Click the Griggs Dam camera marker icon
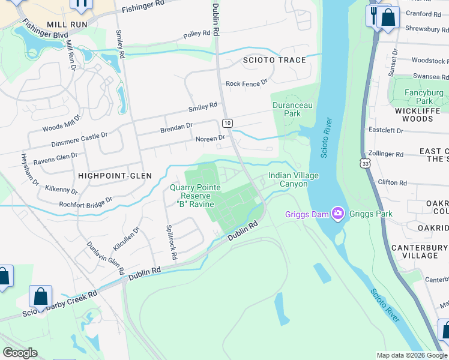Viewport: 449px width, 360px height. (337, 213)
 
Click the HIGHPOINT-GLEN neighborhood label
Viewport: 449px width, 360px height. (115, 175)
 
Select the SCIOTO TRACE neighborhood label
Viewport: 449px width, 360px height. (274, 60)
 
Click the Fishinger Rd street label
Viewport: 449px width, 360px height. (143, 8)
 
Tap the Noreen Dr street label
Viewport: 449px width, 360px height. (210, 138)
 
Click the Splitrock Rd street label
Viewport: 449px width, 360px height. (171, 242)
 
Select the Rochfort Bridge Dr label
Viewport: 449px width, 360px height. (85, 203)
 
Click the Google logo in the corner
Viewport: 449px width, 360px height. (20, 353)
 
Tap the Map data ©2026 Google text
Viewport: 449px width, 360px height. (412, 355)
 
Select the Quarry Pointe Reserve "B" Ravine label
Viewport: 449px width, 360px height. (195, 196)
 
